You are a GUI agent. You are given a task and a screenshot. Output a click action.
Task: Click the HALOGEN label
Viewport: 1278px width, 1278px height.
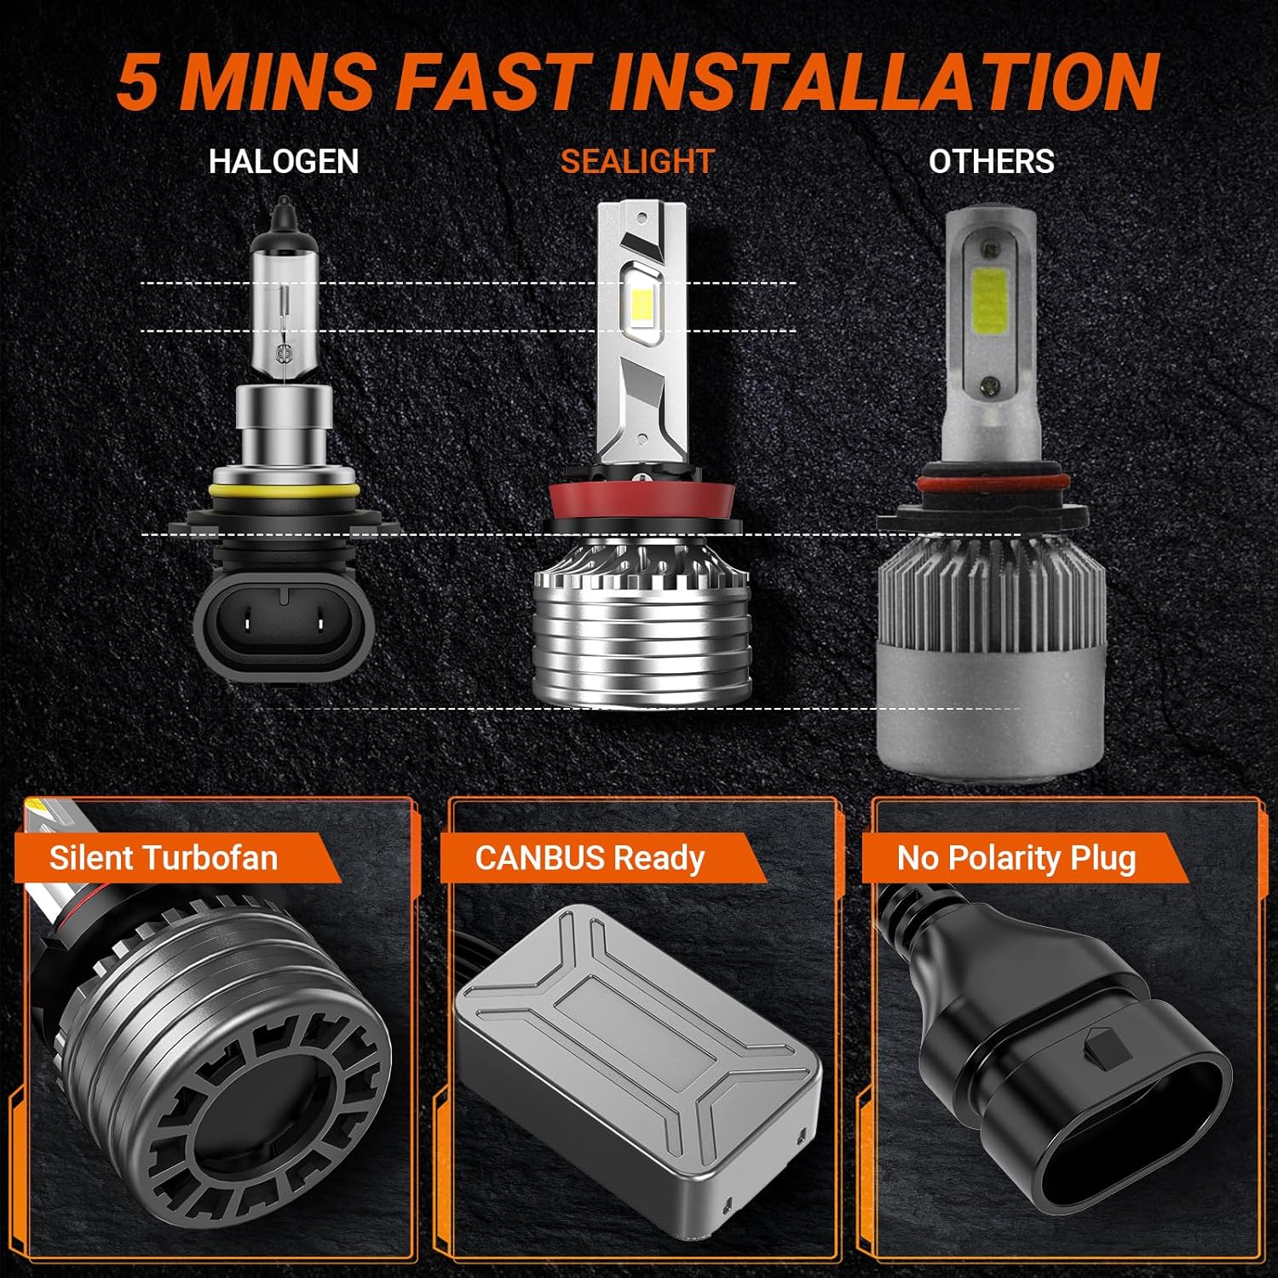(x=284, y=161)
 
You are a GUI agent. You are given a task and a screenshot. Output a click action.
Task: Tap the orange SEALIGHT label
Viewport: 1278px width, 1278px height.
(x=636, y=161)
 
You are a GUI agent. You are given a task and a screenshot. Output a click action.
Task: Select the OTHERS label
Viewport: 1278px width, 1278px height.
(x=991, y=161)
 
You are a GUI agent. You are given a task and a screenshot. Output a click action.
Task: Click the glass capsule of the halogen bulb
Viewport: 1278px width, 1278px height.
(x=284, y=307)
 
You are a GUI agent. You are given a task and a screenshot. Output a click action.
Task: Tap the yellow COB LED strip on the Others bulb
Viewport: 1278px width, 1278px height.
(x=988, y=311)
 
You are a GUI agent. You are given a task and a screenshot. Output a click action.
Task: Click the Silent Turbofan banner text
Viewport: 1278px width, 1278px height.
(x=164, y=857)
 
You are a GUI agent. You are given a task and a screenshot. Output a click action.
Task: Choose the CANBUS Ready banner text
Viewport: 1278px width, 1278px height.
(x=590, y=857)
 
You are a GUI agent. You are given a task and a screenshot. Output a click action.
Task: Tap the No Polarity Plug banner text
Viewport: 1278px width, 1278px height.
(x=1016, y=857)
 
